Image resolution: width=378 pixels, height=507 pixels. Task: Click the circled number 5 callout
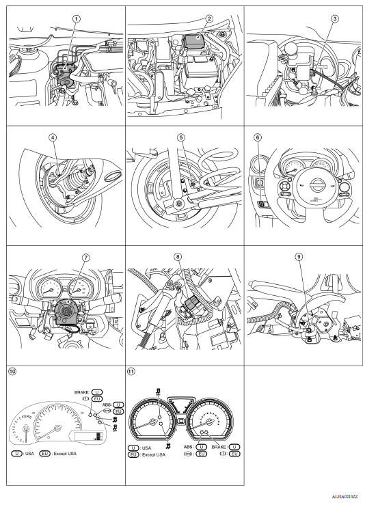click(181, 137)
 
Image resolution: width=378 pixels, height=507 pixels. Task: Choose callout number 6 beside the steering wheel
click(258, 137)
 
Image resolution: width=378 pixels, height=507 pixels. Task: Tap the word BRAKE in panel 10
click(84, 393)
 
